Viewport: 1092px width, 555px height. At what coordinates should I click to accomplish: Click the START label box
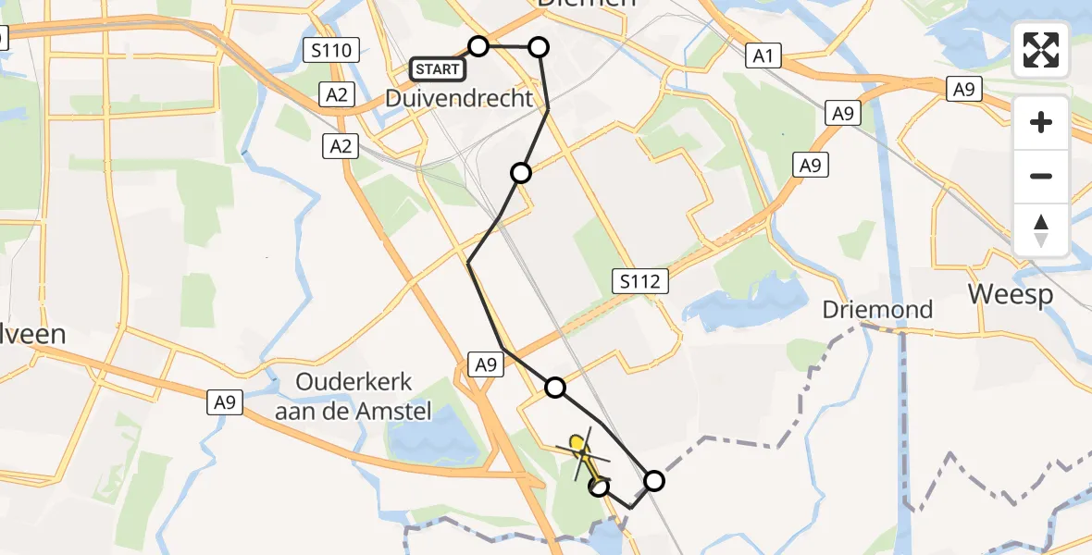coord(438,68)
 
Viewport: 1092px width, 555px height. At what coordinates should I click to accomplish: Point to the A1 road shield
coord(762,56)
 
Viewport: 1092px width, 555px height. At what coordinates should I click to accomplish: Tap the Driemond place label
coord(877,309)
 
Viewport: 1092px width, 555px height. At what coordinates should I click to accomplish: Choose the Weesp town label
coord(1011,295)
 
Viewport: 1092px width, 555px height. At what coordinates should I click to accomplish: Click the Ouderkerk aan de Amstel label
coord(354,396)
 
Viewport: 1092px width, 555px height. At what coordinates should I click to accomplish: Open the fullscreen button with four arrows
coord(1041,50)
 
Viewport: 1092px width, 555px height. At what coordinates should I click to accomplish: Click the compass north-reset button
coord(1041,230)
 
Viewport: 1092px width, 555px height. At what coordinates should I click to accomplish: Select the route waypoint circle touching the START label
coord(478,46)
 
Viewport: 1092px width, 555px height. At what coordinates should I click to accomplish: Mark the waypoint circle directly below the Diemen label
coord(538,46)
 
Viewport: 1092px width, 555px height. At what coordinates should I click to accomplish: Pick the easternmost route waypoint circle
coord(654,480)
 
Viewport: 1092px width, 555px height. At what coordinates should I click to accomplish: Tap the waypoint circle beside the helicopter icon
coord(600,486)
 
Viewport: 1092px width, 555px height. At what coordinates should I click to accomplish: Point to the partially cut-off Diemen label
coord(588,4)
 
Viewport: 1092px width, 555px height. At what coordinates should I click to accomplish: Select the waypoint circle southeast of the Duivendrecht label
coord(521,173)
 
